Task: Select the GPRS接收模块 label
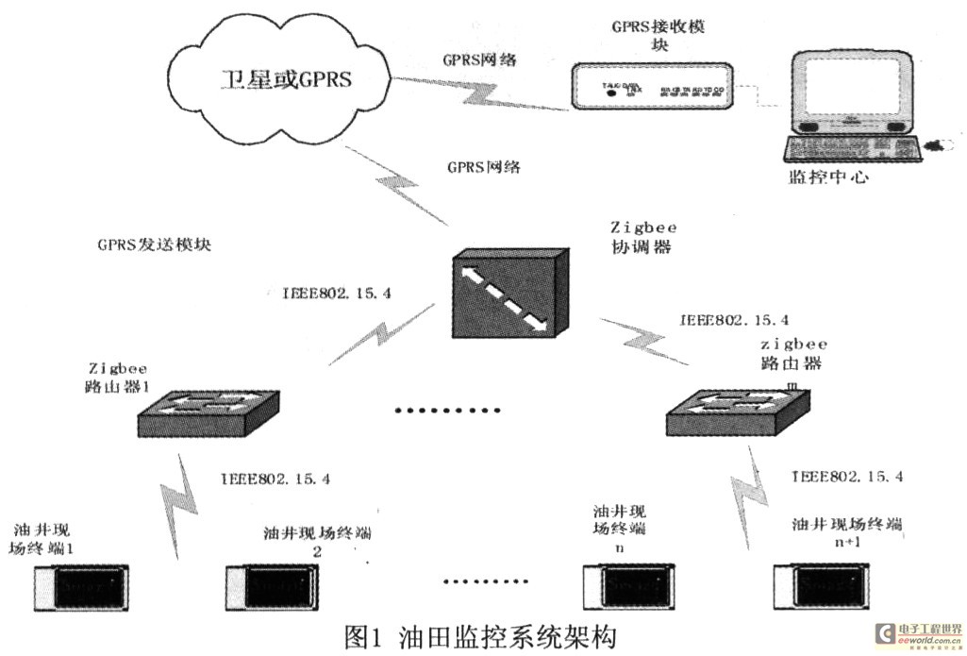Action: tap(652, 37)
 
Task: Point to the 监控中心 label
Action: tap(829, 177)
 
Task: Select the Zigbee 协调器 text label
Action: tap(644, 237)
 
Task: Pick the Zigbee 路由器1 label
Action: tap(120, 377)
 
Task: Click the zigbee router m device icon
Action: tap(735, 413)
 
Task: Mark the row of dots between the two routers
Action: tap(446, 411)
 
